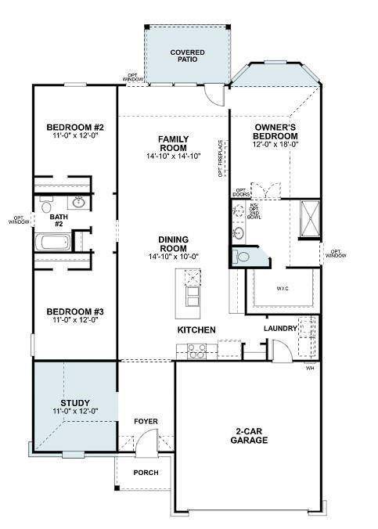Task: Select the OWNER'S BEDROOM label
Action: [276, 131]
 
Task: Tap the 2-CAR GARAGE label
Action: [250, 436]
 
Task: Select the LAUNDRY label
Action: [281, 329]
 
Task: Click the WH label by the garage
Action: [309, 368]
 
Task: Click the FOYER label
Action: [146, 422]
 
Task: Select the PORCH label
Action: [146, 473]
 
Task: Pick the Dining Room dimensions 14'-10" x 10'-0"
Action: [174, 257]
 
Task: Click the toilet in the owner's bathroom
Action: [243, 256]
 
